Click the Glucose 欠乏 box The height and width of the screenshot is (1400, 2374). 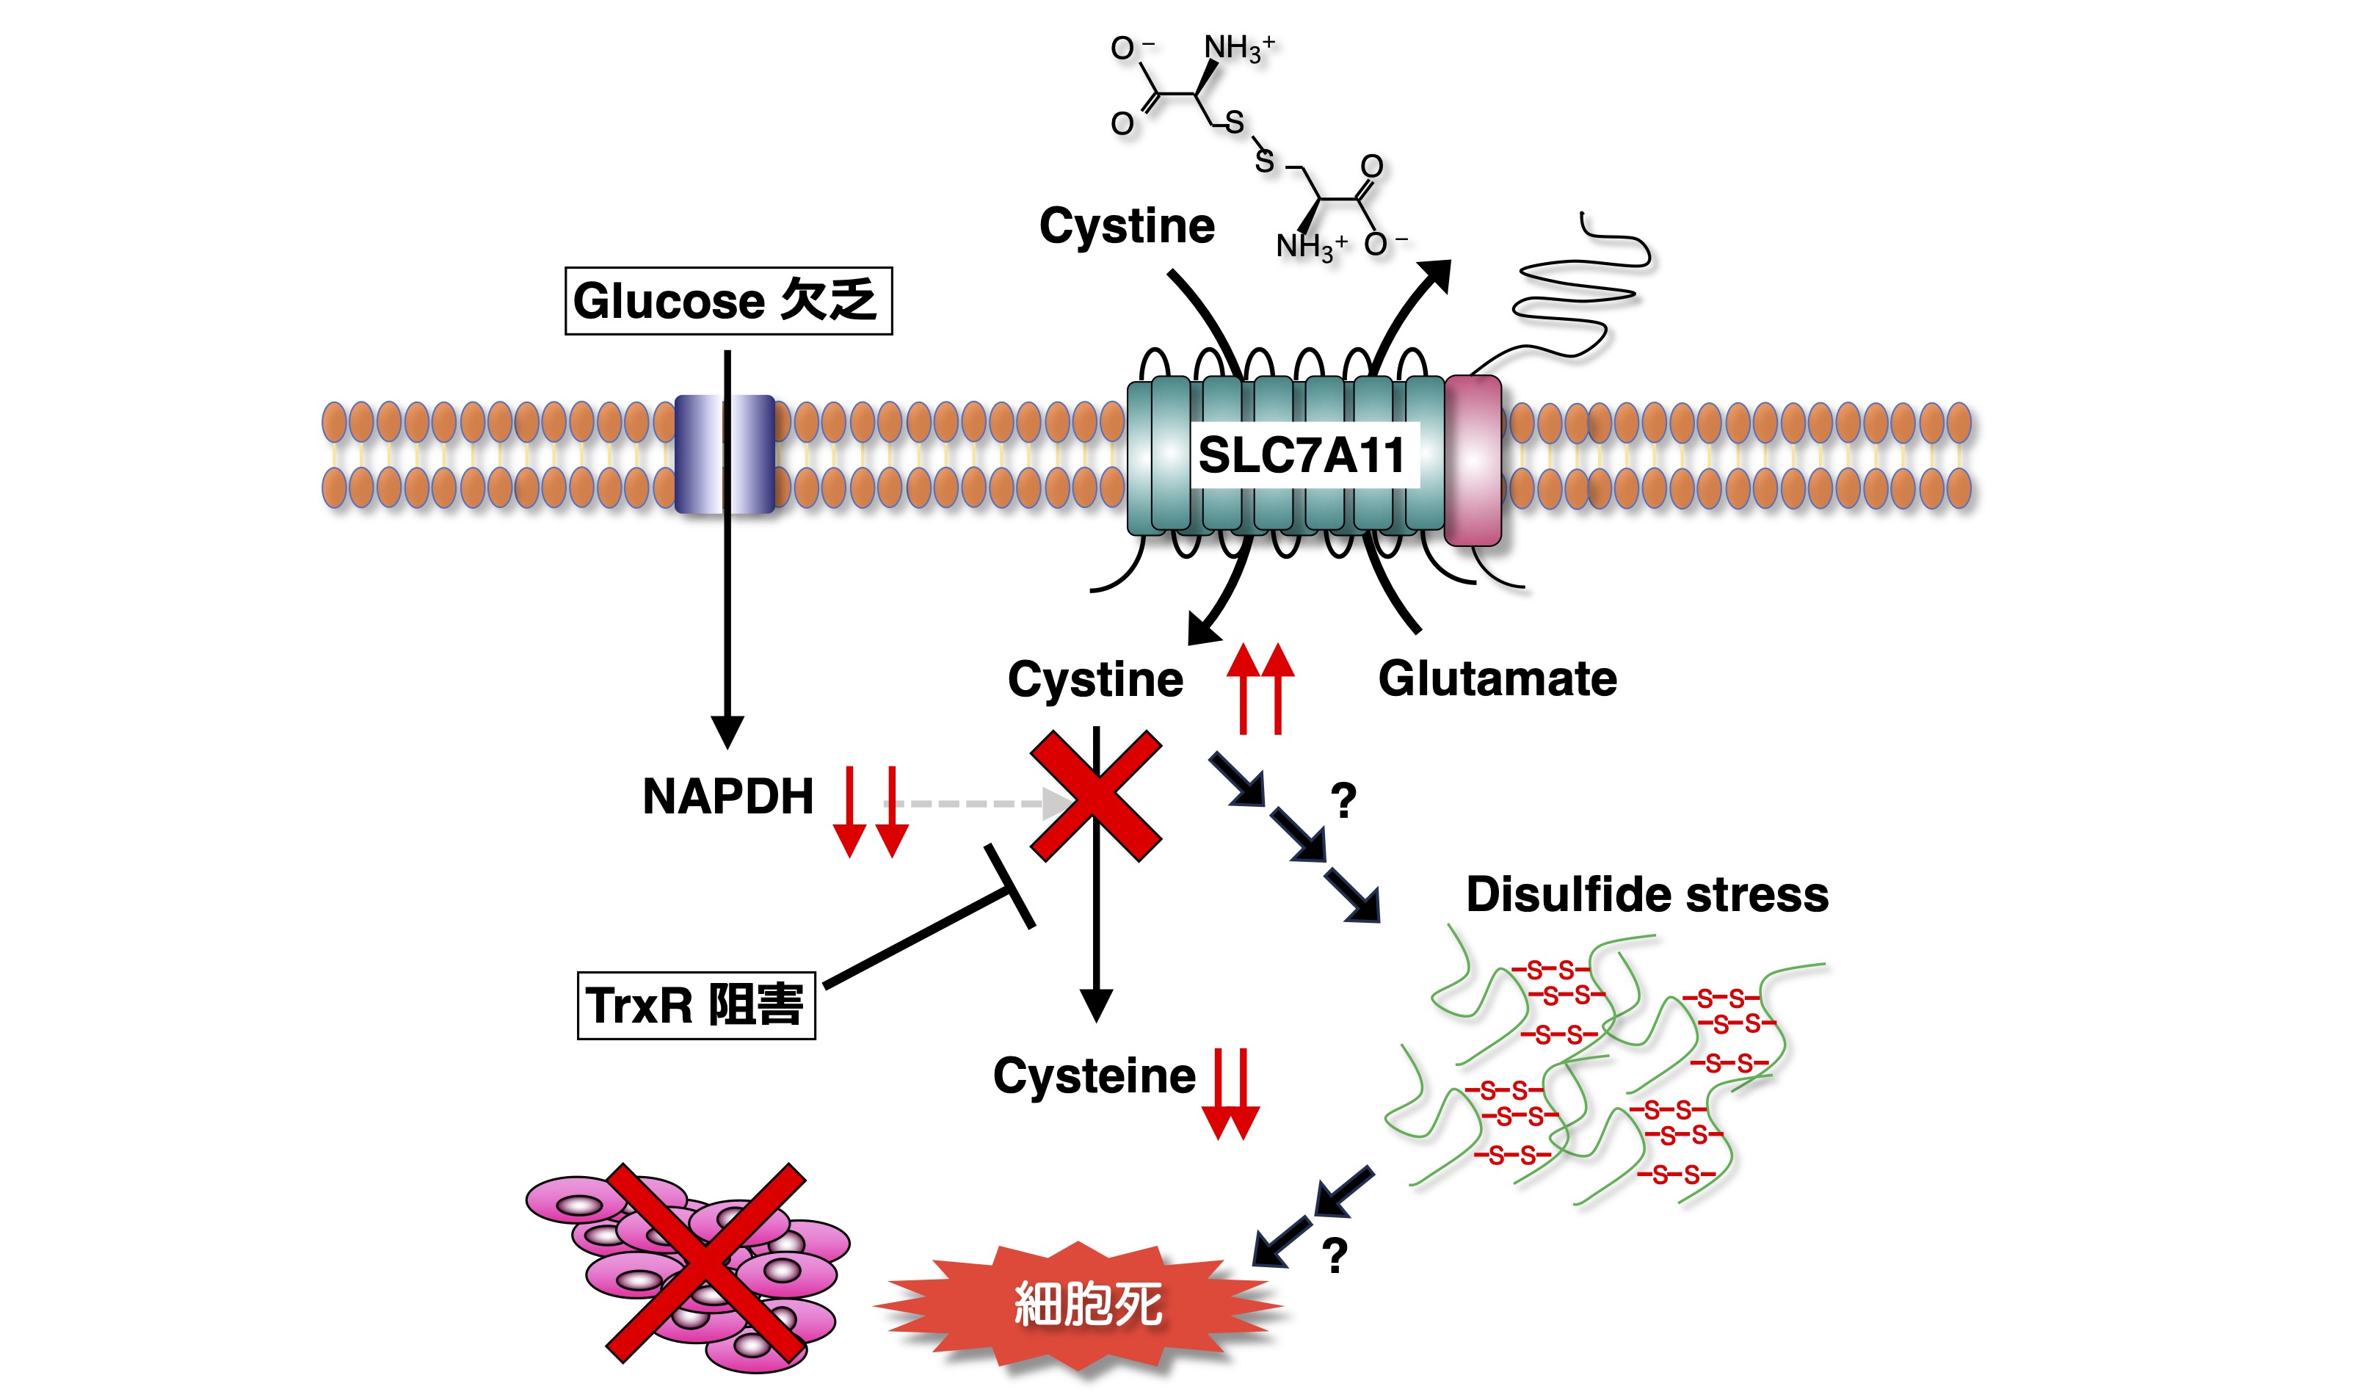(x=727, y=301)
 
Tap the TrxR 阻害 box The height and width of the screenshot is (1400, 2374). (x=695, y=1005)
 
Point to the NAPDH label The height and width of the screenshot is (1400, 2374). (x=727, y=797)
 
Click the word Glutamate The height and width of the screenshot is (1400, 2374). (x=1497, y=679)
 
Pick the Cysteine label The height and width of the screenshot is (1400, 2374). (x=1094, y=1076)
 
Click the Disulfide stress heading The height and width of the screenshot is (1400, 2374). (x=1647, y=894)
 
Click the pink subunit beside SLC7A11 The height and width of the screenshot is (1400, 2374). (x=1473, y=460)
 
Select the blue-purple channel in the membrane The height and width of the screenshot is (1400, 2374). (x=725, y=454)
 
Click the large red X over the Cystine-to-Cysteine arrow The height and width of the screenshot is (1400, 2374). (x=1096, y=795)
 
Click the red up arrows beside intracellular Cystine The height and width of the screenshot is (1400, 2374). (x=1260, y=689)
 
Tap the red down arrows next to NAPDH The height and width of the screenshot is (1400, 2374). (x=871, y=811)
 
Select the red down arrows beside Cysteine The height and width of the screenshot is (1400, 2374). (x=1231, y=1095)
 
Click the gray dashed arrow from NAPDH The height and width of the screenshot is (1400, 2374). (x=971, y=804)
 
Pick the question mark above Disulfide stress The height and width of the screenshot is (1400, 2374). (x=1343, y=801)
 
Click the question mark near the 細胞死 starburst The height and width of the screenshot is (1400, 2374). (x=1334, y=1255)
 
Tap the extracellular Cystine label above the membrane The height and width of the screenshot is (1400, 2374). (x=1126, y=226)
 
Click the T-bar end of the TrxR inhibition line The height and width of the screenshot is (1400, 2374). (x=1010, y=887)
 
